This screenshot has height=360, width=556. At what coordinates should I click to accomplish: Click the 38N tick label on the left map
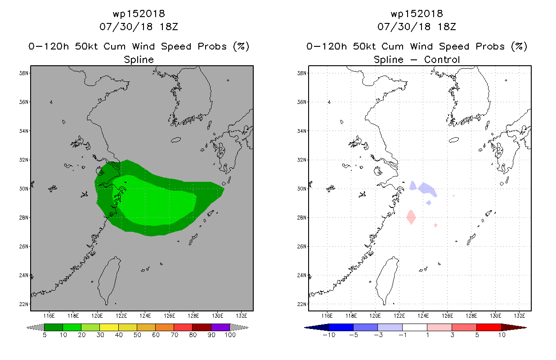click(24, 73)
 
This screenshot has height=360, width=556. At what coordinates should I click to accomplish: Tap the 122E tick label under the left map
click(121, 316)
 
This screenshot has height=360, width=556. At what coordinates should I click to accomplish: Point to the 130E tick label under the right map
click(495, 316)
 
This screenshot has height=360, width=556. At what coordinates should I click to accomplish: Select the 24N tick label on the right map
click(302, 275)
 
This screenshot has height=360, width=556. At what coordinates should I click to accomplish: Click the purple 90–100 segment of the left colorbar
click(220, 327)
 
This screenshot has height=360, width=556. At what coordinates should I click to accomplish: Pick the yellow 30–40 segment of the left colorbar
click(109, 327)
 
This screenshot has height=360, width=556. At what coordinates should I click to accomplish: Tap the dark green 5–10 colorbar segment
click(54, 327)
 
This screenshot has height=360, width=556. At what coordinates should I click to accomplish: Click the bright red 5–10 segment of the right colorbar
click(489, 327)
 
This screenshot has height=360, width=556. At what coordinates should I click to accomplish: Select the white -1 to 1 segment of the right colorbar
click(415, 327)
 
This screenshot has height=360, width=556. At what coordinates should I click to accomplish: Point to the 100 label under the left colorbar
click(230, 335)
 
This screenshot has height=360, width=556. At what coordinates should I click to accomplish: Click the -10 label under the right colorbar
click(329, 335)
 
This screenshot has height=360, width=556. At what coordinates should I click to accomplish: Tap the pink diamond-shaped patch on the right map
click(411, 217)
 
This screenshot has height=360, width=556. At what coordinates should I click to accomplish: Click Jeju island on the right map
click(454, 140)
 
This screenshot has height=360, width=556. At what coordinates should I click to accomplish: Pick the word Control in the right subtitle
click(442, 59)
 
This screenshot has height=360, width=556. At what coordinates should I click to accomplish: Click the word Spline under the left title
click(139, 59)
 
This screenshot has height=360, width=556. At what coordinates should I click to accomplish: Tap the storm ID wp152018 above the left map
click(139, 14)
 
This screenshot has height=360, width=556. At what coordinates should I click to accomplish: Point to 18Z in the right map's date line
click(447, 27)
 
